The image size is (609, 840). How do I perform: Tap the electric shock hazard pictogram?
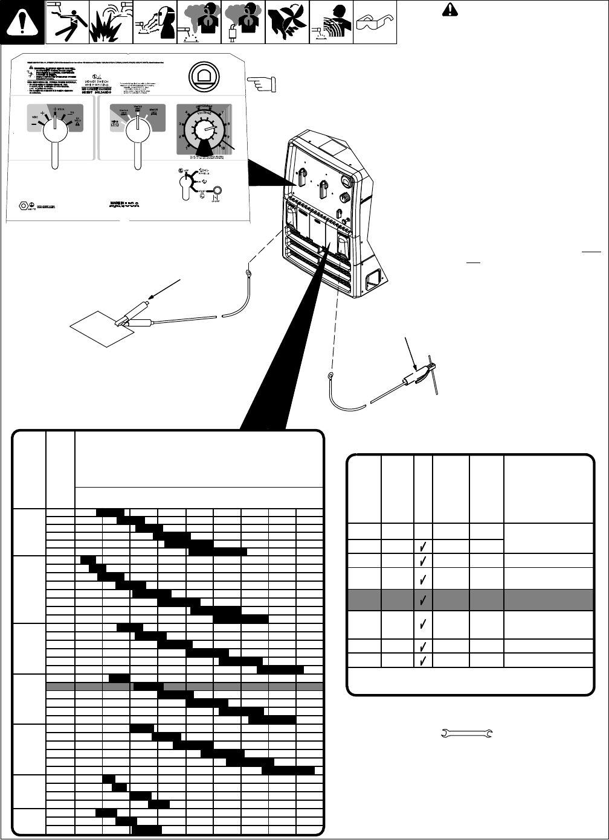pyautogui.click(x=66, y=23)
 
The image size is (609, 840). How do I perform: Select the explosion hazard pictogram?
pyautogui.click(x=110, y=23)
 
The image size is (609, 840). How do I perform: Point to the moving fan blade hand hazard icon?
pyautogui.click(x=288, y=23)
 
